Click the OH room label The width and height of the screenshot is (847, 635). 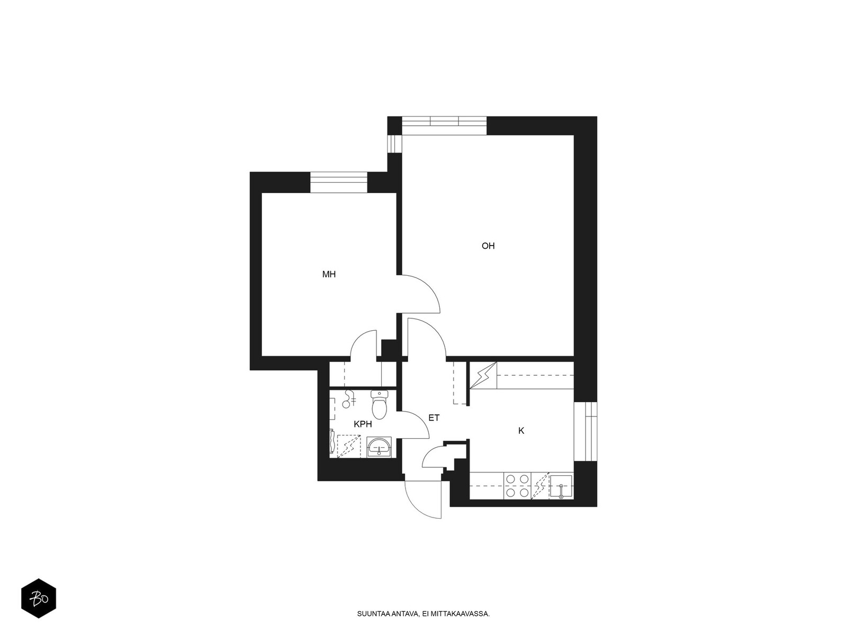point(488,246)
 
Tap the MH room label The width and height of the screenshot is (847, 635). point(329,274)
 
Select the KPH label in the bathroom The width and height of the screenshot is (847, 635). point(363,424)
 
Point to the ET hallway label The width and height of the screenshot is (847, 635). point(434,418)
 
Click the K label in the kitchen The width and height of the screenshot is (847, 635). point(521,431)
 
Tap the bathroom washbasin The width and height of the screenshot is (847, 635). point(379,447)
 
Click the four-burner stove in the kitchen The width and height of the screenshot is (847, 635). point(517,485)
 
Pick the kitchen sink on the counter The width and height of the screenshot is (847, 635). point(561,486)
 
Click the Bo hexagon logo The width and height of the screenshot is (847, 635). point(39,598)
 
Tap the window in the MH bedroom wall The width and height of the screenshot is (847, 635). point(339,183)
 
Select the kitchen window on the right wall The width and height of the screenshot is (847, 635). point(585,431)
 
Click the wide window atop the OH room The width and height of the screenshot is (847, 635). point(444,126)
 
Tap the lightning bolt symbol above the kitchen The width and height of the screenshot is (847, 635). point(483,375)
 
